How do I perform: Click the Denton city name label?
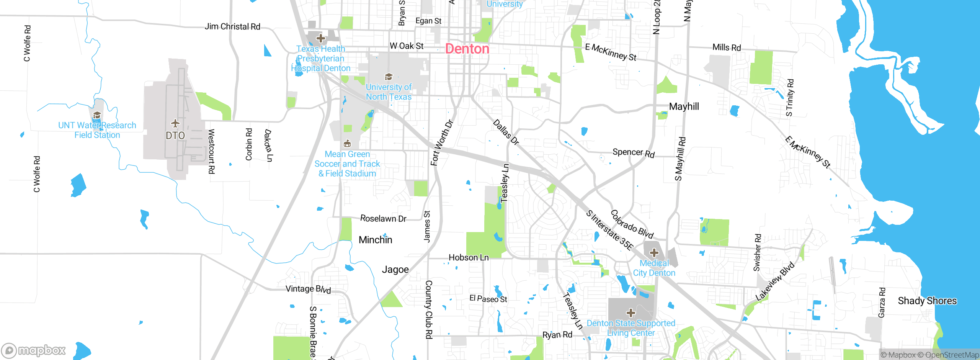(467, 49)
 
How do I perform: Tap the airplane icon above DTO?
(175, 123)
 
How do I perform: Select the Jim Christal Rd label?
(232, 26)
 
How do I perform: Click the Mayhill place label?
(684, 106)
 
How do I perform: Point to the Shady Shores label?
(927, 301)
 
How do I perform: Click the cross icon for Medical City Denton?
(654, 253)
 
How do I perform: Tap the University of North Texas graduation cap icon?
(389, 77)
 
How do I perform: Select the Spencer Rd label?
(634, 152)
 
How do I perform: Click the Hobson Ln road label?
(469, 257)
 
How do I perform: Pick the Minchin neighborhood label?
(375, 240)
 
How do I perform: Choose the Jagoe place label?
(395, 270)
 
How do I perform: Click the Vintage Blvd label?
(308, 289)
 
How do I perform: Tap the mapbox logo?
(34, 350)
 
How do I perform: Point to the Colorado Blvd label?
(632, 224)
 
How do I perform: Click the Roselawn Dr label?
(383, 218)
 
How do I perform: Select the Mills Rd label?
(727, 47)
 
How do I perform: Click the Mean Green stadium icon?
(347, 144)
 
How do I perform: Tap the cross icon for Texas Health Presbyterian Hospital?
(321, 38)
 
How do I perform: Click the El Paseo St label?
(488, 299)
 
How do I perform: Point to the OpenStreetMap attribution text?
(952, 355)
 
